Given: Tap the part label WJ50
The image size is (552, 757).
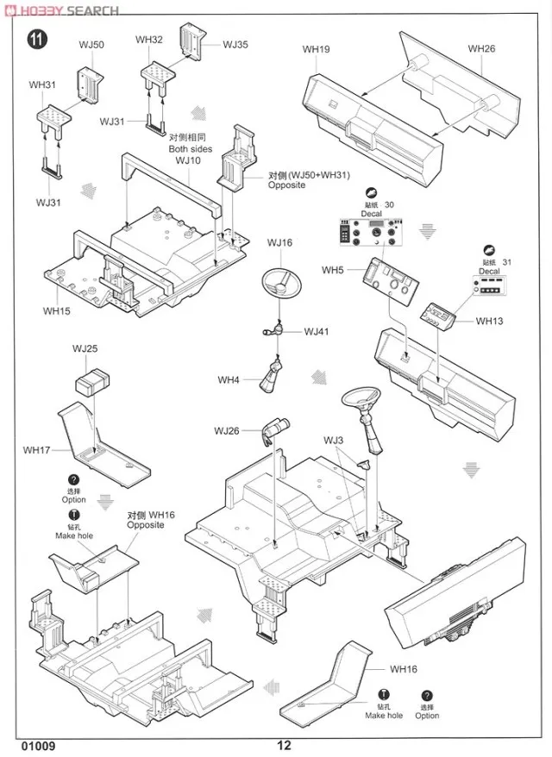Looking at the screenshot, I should click(x=92, y=44).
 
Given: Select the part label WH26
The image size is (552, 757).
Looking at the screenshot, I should click(x=481, y=48).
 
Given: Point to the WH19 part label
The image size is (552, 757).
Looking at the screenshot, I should click(x=317, y=49).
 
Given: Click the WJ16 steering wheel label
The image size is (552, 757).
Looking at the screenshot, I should click(x=279, y=243).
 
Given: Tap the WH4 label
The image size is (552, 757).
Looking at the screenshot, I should click(x=229, y=379).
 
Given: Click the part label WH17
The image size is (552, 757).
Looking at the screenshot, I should click(x=37, y=449).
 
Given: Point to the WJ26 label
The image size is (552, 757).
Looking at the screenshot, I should click(x=227, y=430).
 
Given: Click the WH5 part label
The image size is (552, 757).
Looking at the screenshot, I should click(x=333, y=270).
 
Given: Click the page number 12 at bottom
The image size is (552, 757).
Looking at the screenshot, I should click(x=285, y=747).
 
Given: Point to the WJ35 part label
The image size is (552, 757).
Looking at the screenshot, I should click(x=235, y=45).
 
